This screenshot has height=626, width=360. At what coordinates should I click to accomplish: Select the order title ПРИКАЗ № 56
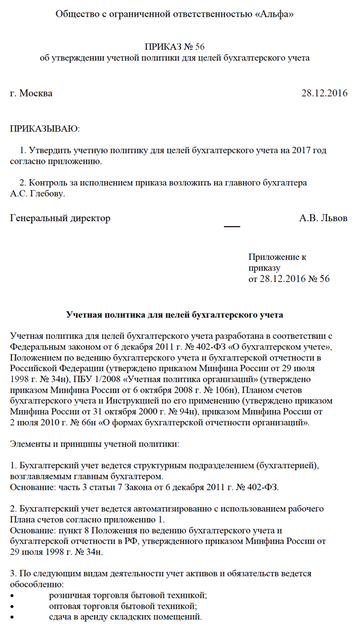point(179,47)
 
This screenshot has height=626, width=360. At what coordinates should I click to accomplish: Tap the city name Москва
point(36,93)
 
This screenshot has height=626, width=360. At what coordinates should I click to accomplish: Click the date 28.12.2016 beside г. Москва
point(324,93)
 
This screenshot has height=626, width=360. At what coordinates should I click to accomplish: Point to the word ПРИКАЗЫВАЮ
point(45,128)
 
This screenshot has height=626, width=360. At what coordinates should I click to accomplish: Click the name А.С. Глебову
point(37,194)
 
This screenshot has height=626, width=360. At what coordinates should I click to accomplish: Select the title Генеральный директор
point(61,218)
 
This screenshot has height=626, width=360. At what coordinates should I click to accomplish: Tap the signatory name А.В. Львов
point(323,218)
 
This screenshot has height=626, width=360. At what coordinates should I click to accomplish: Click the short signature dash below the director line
point(232,227)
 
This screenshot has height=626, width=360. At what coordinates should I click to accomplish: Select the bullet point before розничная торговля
point(13,595)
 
